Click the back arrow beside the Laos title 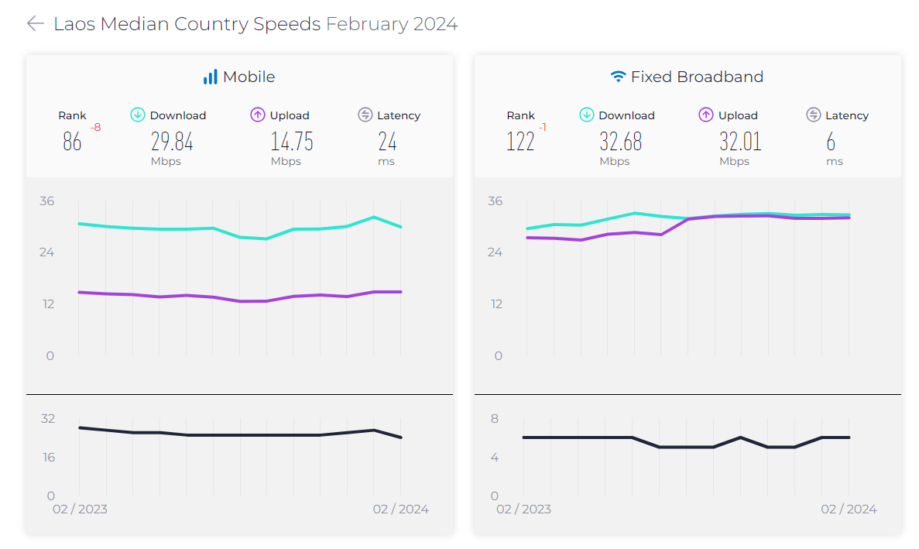[35, 24]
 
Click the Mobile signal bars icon [210, 77]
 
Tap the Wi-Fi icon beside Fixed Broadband [618, 77]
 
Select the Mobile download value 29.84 [172, 142]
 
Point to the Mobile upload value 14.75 [291, 142]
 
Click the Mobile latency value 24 [387, 142]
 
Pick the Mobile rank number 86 [72, 142]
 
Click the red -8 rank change [95, 128]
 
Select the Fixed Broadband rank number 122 [520, 142]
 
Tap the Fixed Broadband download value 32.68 [620, 142]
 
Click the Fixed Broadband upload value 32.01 [740, 142]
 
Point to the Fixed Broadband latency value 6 [831, 142]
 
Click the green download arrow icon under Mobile [138, 115]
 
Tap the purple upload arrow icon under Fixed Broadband [706, 115]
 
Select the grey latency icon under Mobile [365, 115]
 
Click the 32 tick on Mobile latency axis [48, 419]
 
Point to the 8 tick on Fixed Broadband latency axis [495, 419]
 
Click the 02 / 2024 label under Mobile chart [400, 509]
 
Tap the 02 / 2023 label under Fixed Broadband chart [523, 509]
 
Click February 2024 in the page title [392, 24]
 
